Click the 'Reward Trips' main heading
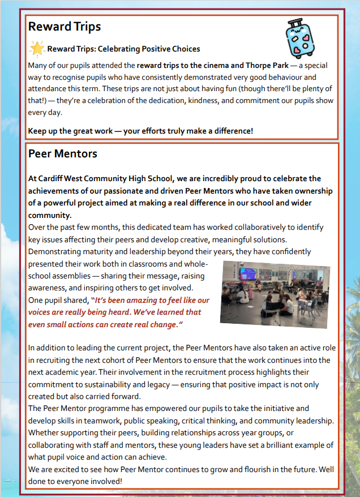coord(65,27)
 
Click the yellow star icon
coord(37,49)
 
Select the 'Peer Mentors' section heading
coord(63,153)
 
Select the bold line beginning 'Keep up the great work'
coord(140,131)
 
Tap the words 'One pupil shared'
coord(58,300)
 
